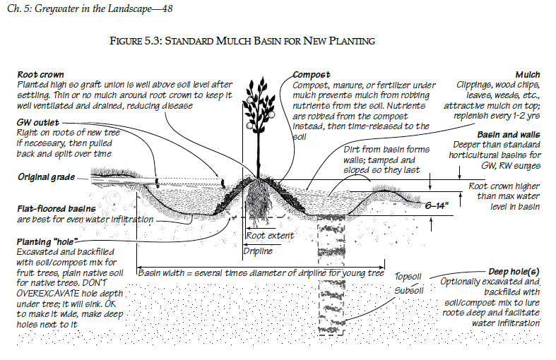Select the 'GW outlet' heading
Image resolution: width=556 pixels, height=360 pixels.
pyautogui.click(x=37, y=121)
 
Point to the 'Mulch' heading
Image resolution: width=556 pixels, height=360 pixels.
pyautogui.click(x=527, y=74)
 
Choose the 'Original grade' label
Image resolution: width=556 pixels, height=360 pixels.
pyautogui.click(x=47, y=176)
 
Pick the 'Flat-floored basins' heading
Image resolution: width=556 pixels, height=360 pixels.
pyautogui.click(x=57, y=210)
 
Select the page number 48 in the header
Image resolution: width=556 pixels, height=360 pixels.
pyautogui.click(x=166, y=8)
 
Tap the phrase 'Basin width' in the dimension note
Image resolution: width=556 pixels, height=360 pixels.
pyautogui.click(x=165, y=272)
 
